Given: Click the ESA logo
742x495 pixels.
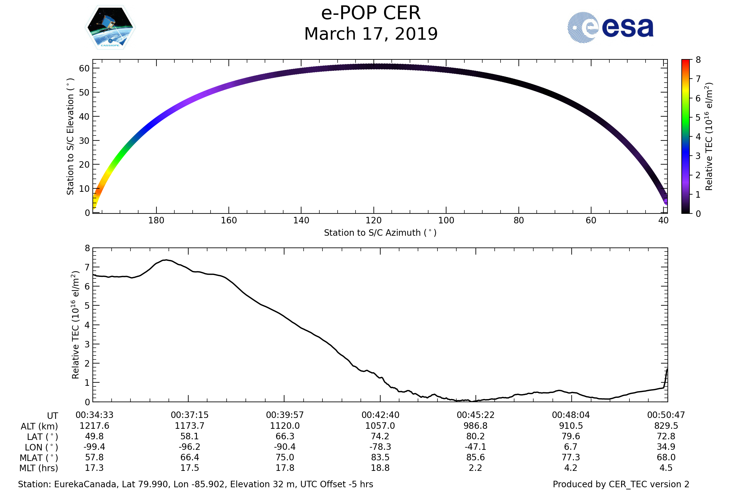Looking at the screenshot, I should [610, 28].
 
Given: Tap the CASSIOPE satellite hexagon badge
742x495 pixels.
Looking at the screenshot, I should [110, 28].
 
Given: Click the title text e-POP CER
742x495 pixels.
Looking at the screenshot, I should [371, 13].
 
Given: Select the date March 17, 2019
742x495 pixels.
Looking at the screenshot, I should [371, 34].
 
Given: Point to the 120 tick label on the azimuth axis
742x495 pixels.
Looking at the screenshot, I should [373, 220].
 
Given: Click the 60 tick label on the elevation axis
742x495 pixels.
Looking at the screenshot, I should [84, 68].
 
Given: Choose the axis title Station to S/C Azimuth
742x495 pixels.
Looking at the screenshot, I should [380, 233].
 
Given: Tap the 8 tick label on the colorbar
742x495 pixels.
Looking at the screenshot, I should [698, 60].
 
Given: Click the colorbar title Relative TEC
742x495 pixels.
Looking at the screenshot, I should [709, 136].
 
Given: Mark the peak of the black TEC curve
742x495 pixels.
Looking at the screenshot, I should [165, 260].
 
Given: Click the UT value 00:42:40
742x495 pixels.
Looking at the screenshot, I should [380, 415].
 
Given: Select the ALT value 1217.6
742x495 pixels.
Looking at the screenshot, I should [94, 426].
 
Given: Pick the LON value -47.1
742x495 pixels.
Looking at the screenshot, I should [475, 447].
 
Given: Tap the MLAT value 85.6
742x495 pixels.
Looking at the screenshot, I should [475, 457].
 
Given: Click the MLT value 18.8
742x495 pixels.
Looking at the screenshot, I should [380, 467].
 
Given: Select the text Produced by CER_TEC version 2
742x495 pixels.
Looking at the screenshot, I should [621, 484].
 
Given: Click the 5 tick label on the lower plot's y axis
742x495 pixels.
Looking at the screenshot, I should [87, 306].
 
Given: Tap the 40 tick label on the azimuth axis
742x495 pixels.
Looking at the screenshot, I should [663, 220].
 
